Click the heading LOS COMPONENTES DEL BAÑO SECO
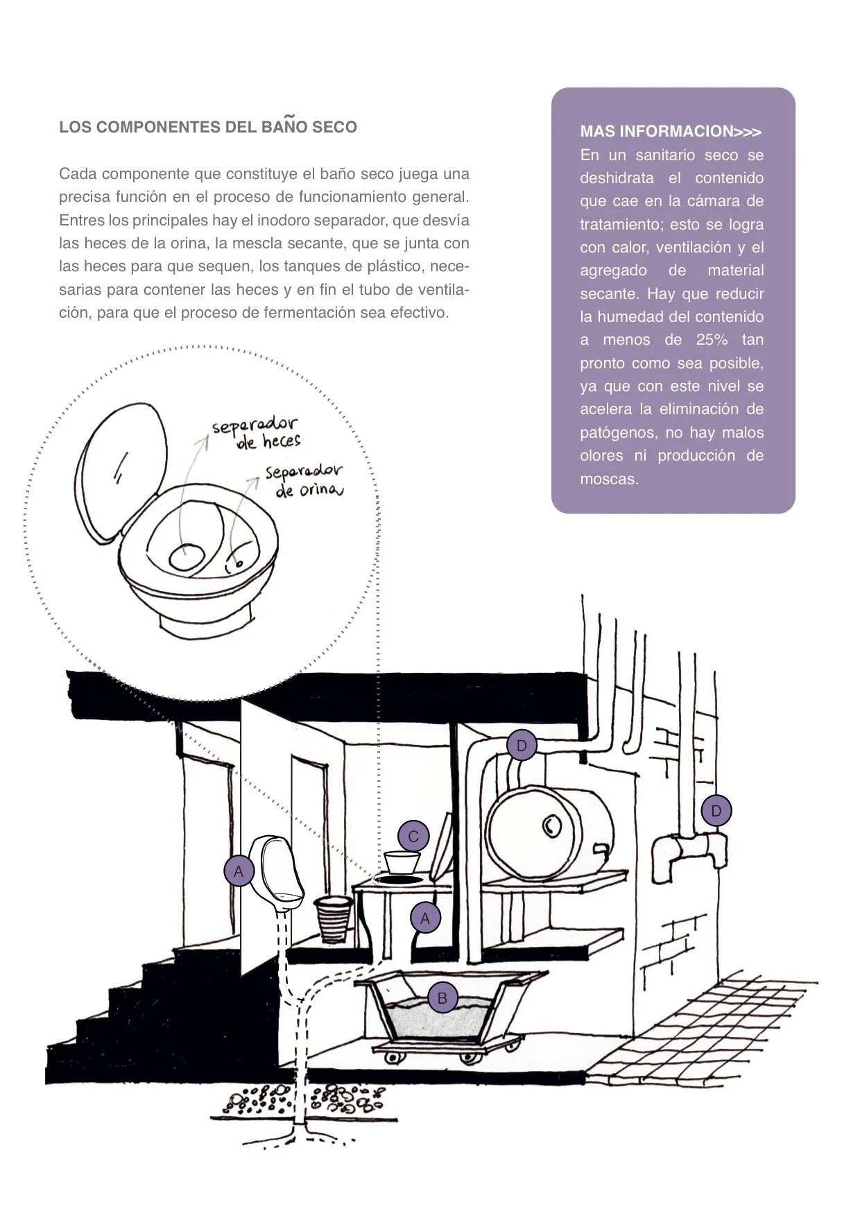point(208,127)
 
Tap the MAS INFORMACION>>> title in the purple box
point(670,132)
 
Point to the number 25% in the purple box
point(711,340)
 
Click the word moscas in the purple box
point(609,479)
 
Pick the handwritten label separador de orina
point(304,481)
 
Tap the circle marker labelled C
point(413,837)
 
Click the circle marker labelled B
point(442,999)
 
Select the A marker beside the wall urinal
point(239,871)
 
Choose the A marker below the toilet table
point(425,918)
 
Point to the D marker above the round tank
point(522,746)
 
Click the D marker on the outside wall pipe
point(716,810)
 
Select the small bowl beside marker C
point(402,862)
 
